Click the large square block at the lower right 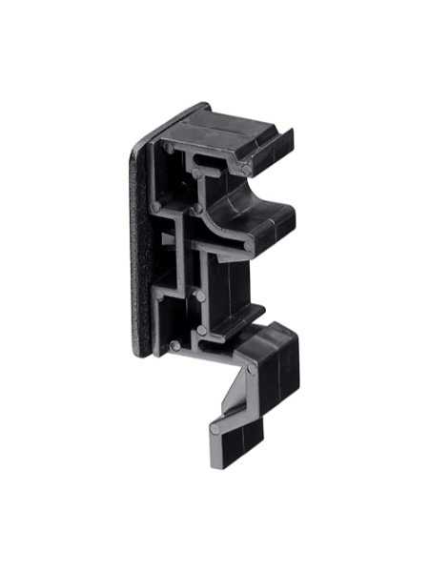pyautogui.click(x=276, y=362)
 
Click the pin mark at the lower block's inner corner pyautogui.click(x=251, y=368)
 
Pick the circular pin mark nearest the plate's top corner pyautogui.click(x=169, y=148)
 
